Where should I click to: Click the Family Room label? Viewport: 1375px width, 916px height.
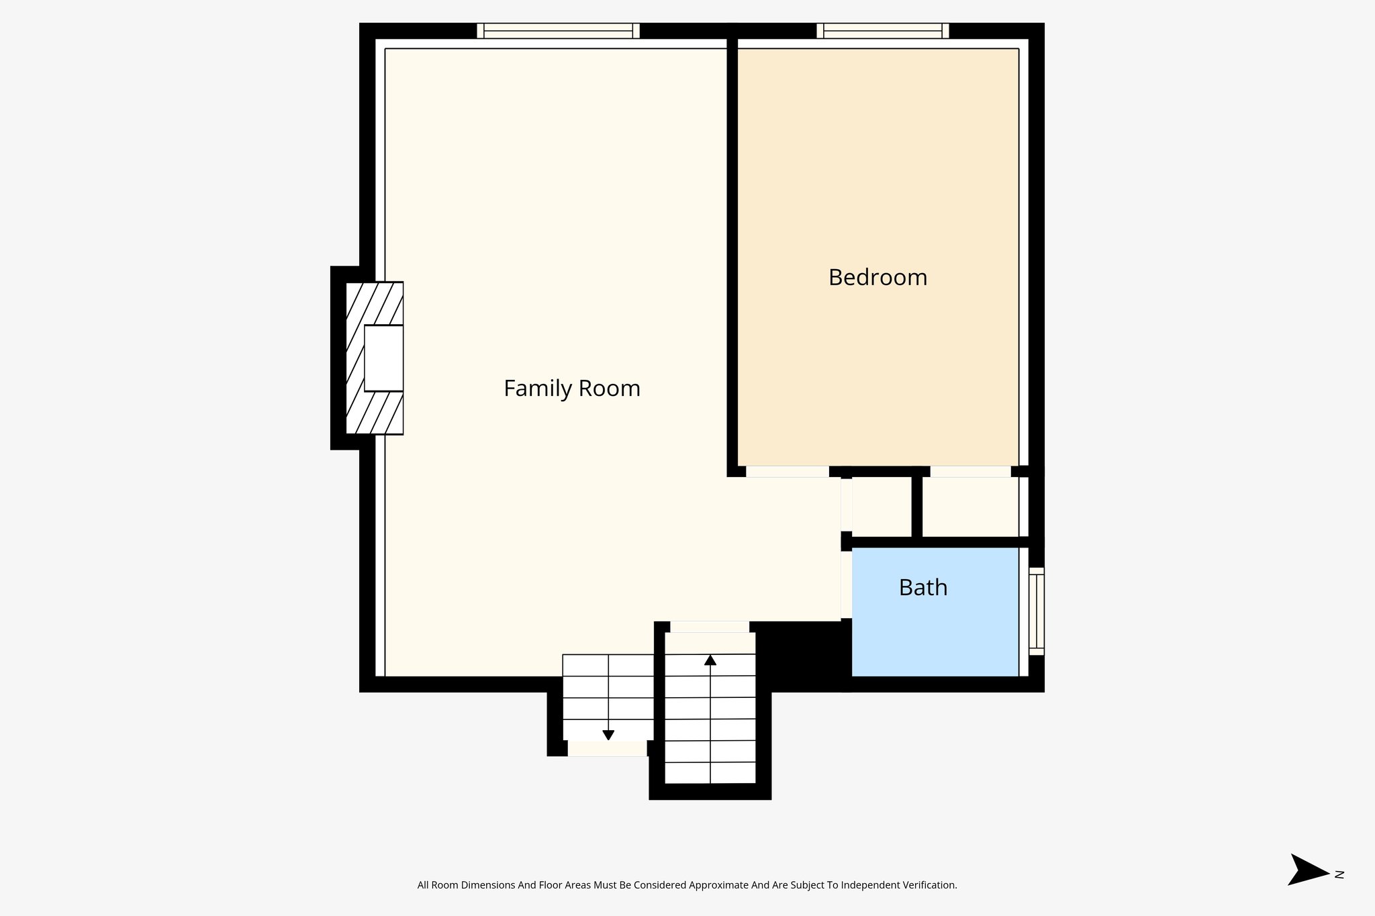pyautogui.click(x=571, y=389)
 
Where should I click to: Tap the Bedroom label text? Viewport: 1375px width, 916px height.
pyautogui.click(x=878, y=278)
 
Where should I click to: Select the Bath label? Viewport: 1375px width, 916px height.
pyautogui.click(x=923, y=588)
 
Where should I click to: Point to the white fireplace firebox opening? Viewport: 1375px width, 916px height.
pyautogui.click(x=383, y=358)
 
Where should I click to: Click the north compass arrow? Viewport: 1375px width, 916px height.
pyautogui.click(x=1307, y=870)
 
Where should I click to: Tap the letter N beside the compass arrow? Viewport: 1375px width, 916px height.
pyautogui.click(x=1339, y=874)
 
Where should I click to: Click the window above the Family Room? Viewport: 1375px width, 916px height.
pyautogui.click(x=558, y=31)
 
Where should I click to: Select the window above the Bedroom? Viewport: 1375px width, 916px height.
pyautogui.click(x=882, y=31)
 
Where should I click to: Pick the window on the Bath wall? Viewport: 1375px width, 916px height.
pyautogui.click(x=1037, y=611)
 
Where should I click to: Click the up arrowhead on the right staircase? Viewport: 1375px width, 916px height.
pyautogui.click(x=710, y=660)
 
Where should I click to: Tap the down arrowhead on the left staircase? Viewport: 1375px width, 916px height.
pyautogui.click(x=608, y=735)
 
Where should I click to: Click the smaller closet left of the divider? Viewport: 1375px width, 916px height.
pyautogui.click(x=882, y=507)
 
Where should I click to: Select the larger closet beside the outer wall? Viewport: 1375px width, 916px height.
pyautogui.click(x=970, y=507)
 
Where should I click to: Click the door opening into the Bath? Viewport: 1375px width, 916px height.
pyautogui.click(x=847, y=584)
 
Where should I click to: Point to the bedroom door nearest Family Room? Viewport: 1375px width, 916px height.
pyautogui.click(x=788, y=472)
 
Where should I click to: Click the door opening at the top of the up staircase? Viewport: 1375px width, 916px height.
pyautogui.click(x=710, y=627)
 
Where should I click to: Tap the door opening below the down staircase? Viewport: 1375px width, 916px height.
pyautogui.click(x=608, y=749)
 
